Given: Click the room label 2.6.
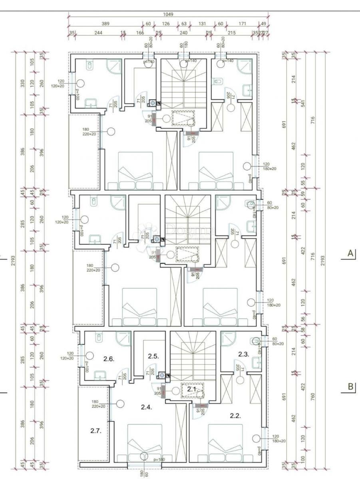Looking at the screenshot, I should point(109,359).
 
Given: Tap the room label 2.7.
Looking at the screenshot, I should point(95,431).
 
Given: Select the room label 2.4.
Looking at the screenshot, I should point(147,407).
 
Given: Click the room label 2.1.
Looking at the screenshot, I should point(191,388).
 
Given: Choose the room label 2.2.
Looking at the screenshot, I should point(235,416).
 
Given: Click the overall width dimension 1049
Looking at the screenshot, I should point(168,14).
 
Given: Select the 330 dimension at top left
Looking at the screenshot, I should point(23,83).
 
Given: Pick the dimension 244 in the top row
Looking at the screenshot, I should point(98,33).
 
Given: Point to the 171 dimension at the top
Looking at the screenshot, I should point(243,24).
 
